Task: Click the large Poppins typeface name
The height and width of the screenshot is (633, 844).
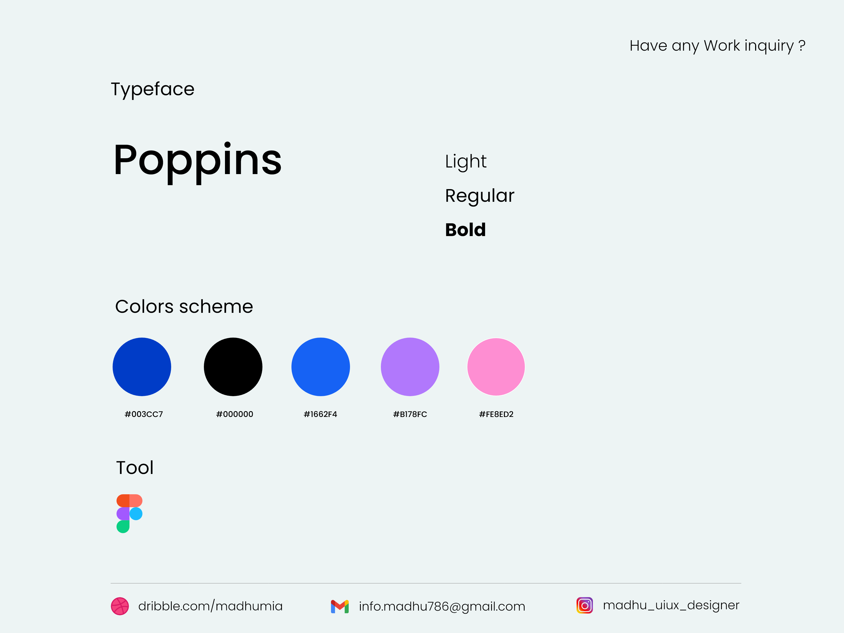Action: click(197, 160)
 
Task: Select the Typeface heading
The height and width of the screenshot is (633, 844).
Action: click(153, 89)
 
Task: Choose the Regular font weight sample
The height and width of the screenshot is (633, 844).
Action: click(479, 196)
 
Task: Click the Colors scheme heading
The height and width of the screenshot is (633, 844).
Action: click(184, 306)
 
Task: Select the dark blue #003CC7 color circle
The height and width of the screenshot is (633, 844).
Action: click(142, 367)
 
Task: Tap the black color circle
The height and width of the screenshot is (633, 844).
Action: click(233, 367)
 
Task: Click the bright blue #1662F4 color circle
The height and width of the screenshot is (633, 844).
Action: click(320, 367)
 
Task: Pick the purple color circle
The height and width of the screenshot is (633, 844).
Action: click(410, 367)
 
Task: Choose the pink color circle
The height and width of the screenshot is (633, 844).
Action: click(496, 367)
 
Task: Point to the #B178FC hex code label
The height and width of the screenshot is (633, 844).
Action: click(410, 414)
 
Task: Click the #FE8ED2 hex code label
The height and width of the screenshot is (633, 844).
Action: click(496, 414)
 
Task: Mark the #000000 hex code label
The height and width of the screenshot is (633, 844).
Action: click(235, 414)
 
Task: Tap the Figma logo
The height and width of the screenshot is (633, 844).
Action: click(129, 514)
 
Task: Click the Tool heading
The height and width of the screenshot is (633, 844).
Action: click(135, 468)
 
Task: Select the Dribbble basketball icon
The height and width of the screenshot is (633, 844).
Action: click(120, 606)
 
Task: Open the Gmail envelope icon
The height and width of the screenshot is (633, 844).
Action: click(340, 606)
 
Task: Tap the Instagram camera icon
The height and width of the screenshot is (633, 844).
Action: click(584, 605)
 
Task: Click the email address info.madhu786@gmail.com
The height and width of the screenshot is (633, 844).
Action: click(442, 606)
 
